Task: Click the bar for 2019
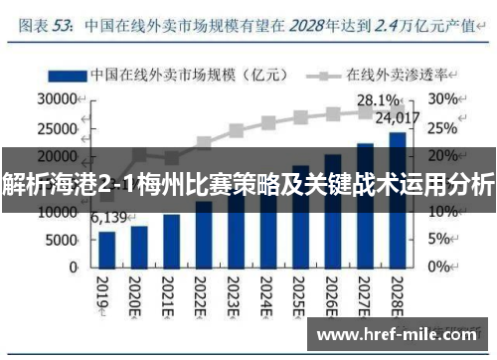tap(107, 249)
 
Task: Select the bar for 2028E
tap(397, 199)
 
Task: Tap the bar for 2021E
tap(172, 241)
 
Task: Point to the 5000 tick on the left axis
tap(62, 240)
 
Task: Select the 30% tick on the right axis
tap(442, 99)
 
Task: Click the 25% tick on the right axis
tap(442, 127)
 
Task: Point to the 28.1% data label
tap(378, 100)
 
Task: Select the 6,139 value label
tap(109, 218)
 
